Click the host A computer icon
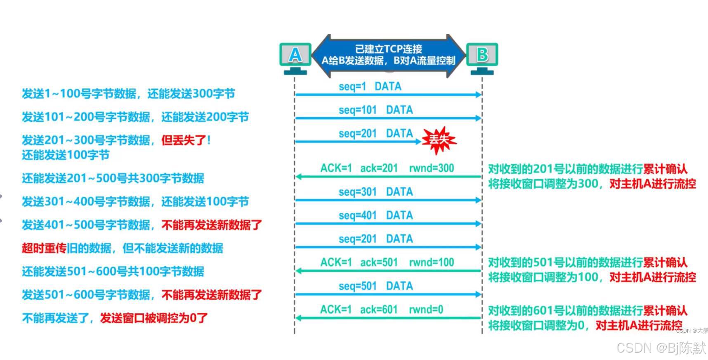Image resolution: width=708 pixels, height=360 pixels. pyautogui.click(x=295, y=58)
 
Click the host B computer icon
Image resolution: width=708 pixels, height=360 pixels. pyautogui.click(x=482, y=58)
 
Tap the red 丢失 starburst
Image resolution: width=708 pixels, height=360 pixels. pyautogui.click(x=439, y=140)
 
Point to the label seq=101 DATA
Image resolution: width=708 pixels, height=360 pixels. pyautogui.click(x=375, y=110)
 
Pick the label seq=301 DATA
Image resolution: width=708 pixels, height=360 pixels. pyautogui.click(x=375, y=192)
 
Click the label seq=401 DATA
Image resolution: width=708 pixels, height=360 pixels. pyautogui.click(x=375, y=216)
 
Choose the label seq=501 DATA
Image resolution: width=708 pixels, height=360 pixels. pyautogui.click(x=375, y=286)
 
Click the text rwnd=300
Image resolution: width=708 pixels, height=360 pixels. pyautogui.click(x=431, y=168)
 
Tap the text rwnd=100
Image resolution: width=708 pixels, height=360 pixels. pyautogui.click(x=431, y=263)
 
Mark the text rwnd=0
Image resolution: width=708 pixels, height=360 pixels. pyautogui.click(x=426, y=310)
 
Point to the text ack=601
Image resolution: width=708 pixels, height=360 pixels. pyautogui.click(x=378, y=310)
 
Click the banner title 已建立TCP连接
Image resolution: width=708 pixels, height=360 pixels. pyautogui.click(x=388, y=49)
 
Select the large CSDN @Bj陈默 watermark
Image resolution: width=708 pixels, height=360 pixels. pyautogui.click(x=661, y=348)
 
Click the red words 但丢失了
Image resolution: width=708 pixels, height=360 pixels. pyautogui.click(x=184, y=140)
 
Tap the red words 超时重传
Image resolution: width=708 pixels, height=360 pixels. pyautogui.click(x=44, y=249)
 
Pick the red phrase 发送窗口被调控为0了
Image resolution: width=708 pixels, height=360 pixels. pyautogui.click(x=153, y=318)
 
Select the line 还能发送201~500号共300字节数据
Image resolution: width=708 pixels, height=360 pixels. pyautogui.click(x=113, y=178)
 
